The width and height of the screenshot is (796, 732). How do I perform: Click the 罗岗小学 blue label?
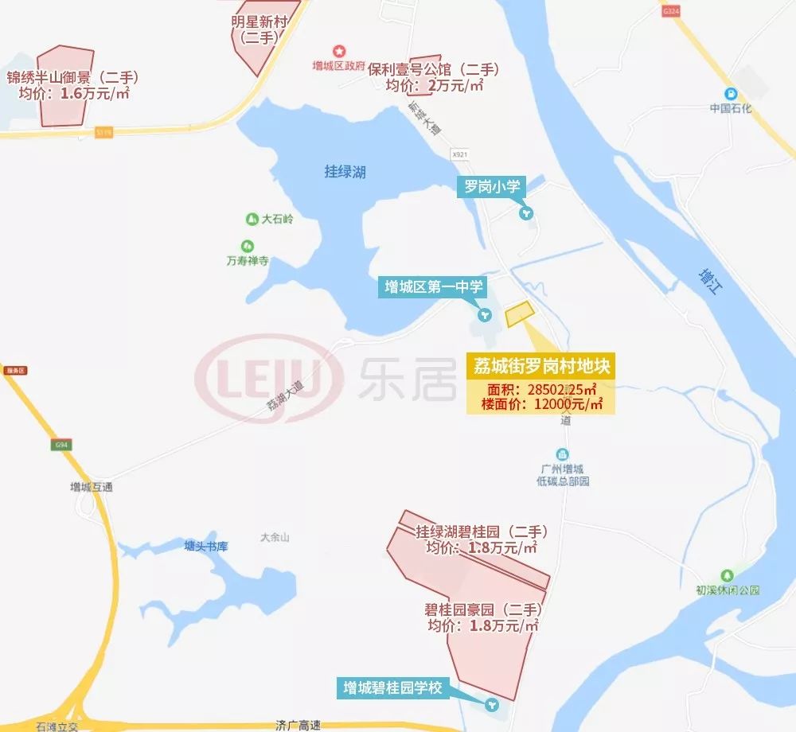[x=492, y=188]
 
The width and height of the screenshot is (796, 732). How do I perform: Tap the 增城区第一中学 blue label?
[x=434, y=287]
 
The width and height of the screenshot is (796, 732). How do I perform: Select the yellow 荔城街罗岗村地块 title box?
[x=541, y=367]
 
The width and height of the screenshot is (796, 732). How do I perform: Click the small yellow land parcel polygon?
[x=519, y=313]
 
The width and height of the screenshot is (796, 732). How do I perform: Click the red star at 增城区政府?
[x=338, y=51]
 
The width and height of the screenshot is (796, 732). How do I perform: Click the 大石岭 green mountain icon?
[x=252, y=219]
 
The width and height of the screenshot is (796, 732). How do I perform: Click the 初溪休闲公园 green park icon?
[x=726, y=575]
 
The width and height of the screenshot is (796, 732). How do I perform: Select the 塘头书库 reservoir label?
[x=206, y=547]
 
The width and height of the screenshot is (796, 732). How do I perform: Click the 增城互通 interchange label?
[x=91, y=487]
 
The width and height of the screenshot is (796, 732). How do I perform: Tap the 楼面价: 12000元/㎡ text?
[x=541, y=404]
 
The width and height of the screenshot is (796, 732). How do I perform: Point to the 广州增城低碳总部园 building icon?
[x=562, y=454]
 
